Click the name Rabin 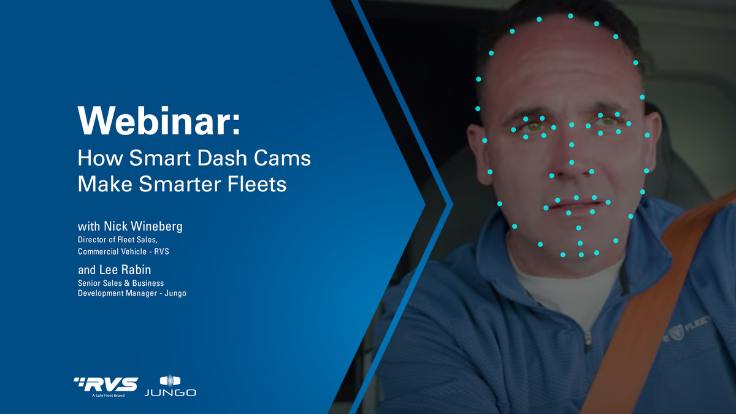tap(135, 270)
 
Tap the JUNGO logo tap(170, 386)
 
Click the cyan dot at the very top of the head tap(570, 16)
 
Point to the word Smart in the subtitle tap(165, 158)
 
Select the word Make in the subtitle tap(104, 183)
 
